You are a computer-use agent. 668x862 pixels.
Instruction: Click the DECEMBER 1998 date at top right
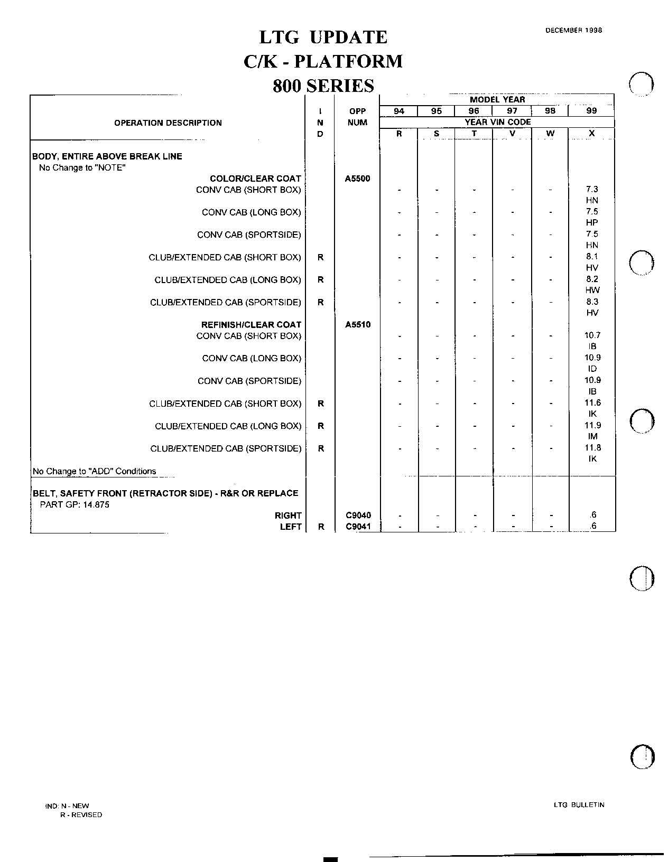tap(573, 30)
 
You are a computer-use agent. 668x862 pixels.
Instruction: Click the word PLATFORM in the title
tap(348, 62)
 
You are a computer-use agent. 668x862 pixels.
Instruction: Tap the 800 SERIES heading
tap(323, 86)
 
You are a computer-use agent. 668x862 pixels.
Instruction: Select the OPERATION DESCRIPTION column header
tap(168, 123)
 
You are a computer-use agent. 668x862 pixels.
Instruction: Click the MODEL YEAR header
tap(497, 99)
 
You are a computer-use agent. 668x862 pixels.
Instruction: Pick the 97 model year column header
tap(512, 111)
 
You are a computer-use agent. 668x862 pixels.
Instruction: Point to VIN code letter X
tap(591, 134)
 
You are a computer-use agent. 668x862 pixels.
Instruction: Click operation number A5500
tap(357, 179)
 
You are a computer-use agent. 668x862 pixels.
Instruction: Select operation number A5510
tap(358, 325)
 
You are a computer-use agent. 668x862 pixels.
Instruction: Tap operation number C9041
tap(358, 527)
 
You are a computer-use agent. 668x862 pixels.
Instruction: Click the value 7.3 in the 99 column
tap(592, 189)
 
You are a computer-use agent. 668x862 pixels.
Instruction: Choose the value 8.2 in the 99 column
tap(592, 279)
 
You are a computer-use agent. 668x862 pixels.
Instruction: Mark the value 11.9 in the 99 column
tap(592, 425)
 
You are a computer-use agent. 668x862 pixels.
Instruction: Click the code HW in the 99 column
tap(592, 290)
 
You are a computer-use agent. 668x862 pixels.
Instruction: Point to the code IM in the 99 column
tap(592, 436)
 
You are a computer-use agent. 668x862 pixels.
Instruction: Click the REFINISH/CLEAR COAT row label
tap(251, 325)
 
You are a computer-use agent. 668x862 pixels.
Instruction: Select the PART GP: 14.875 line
tap(75, 504)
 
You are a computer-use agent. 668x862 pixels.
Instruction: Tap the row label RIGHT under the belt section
tap(288, 516)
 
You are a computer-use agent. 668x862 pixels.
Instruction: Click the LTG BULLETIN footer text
tap(579, 805)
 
